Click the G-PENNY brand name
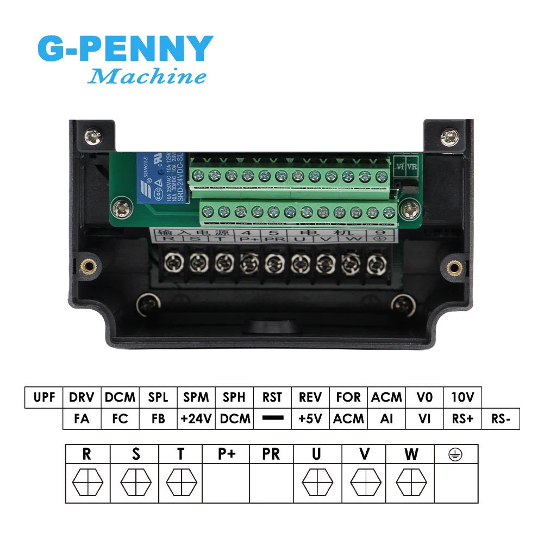pos(124,49)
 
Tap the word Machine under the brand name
pos(147,77)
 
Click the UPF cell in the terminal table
pos(44,397)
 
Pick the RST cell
pos(272,397)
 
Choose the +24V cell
pos(196,418)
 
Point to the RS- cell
pos(501,418)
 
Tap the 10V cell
pos(462,397)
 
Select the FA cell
pos(82,418)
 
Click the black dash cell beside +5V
pos(272,418)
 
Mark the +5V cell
pos(310,418)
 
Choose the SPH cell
pos(234,397)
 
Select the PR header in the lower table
pos(271,455)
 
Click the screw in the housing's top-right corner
pos(449,136)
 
